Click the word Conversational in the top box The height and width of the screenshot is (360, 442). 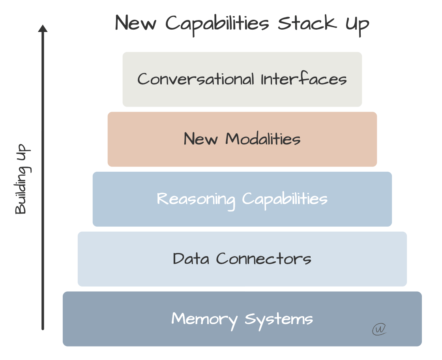[x=195, y=79]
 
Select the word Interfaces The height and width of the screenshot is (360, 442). [x=303, y=79]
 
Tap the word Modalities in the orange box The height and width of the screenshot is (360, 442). [x=263, y=139]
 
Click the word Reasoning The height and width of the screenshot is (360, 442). [x=196, y=199]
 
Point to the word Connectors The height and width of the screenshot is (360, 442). [x=264, y=259]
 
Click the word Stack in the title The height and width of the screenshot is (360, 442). [x=307, y=23]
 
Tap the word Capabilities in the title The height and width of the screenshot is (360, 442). [x=217, y=24]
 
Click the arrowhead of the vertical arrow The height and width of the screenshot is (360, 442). [x=43, y=29]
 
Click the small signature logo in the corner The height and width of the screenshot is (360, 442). [x=379, y=329]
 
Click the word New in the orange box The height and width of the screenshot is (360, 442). [x=201, y=139]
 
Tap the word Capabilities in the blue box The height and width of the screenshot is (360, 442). [x=285, y=199]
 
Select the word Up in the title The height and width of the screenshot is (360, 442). [x=357, y=24]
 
